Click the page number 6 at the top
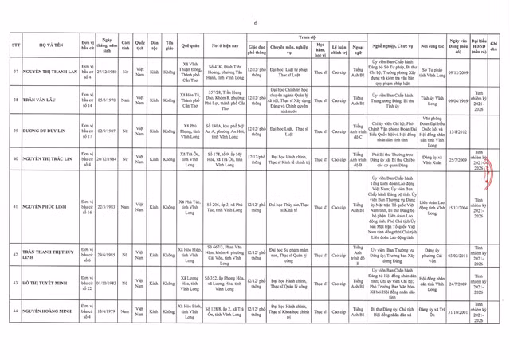click(x=255, y=22)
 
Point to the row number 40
click(x=16, y=159)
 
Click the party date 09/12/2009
click(x=457, y=72)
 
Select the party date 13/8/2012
click(x=457, y=131)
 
